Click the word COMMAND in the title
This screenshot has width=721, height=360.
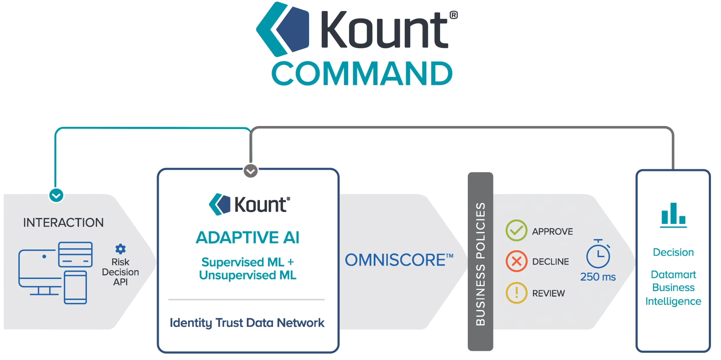[362, 74]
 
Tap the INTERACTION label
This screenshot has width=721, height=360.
[63, 223]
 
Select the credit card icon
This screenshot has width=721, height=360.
[75, 254]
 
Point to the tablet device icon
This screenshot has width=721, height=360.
[76, 287]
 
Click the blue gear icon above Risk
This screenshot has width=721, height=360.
[121, 249]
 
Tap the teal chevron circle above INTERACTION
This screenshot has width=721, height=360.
[56, 195]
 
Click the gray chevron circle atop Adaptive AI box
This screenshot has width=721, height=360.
[251, 171]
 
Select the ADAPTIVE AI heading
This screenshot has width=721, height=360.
[248, 238]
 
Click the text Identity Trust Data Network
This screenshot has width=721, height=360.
[247, 323]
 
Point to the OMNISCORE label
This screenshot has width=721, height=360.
[399, 260]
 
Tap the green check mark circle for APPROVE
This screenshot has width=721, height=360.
[516, 231]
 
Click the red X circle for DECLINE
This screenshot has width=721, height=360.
[516, 261]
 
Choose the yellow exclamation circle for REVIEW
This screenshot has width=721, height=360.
[516, 293]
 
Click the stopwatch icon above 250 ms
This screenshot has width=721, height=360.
[598, 254]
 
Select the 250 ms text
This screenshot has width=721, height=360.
[598, 277]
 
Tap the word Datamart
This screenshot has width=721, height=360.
[673, 275]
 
